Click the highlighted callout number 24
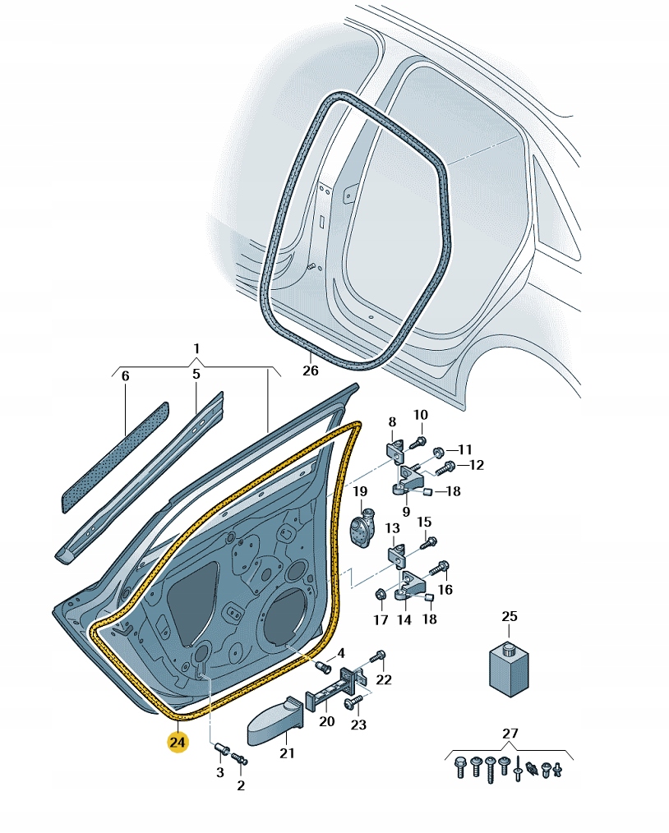(x=177, y=741)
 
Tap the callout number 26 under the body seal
(x=311, y=370)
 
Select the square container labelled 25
(x=509, y=669)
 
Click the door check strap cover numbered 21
(x=275, y=721)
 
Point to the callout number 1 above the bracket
(x=196, y=348)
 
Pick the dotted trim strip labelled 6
(x=116, y=457)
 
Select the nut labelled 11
(x=439, y=453)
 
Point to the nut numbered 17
(x=381, y=594)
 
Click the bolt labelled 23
(x=353, y=702)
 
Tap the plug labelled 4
(x=322, y=666)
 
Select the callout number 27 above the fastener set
(x=510, y=733)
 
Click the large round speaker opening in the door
(x=287, y=617)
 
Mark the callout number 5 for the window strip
(x=196, y=374)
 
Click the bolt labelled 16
(x=439, y=569)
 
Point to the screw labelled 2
(x=240, y=758)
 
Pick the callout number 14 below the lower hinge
(x=404, y=619)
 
